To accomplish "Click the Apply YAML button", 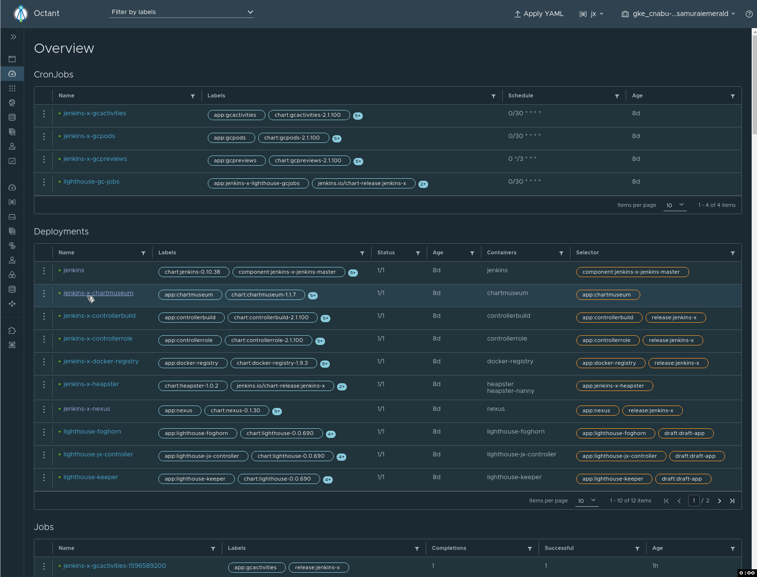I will point(539,14).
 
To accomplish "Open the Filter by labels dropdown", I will point(182,12).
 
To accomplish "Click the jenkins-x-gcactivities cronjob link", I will point(94,113).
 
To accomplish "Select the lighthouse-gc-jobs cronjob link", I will point(91,182).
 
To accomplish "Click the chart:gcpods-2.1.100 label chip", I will point(292,138).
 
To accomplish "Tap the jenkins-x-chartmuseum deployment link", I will point(98,293).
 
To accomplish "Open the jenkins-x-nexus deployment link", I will point(87,409).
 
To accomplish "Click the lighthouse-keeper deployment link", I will point(91,477).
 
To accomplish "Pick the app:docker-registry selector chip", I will point(609,363).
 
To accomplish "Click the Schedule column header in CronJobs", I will point(521,96).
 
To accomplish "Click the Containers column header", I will point(501,253).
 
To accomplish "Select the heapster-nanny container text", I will point(510,391).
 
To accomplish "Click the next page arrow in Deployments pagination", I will point(719,501).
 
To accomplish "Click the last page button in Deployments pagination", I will point(732,501).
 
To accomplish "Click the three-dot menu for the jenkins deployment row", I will point(44,271).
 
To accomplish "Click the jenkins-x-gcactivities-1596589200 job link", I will point(114,566).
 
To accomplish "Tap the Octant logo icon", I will point(21,14).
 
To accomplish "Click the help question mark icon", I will point(749,14).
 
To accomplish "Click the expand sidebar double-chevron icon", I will point(13,37).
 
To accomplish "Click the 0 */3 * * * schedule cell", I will point(522,159).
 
